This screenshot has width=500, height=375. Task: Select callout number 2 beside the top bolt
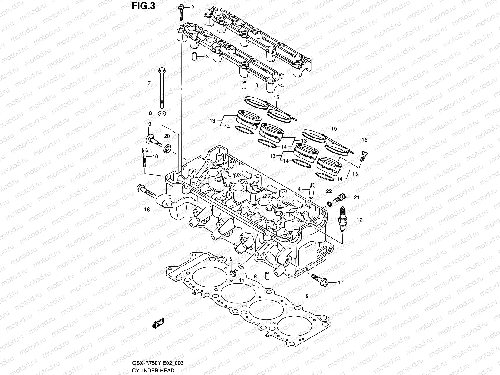tap(192, 7)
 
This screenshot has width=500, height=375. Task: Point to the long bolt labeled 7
tap(162, 87)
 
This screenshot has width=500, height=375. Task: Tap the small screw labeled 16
tap(363, 156)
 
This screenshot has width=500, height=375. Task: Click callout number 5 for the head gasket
tap(307, 296)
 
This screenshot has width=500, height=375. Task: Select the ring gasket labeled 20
tap(168, 148)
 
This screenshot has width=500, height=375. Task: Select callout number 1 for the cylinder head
tap(212, 136)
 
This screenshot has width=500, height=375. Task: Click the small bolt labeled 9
tap(232, 273)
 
